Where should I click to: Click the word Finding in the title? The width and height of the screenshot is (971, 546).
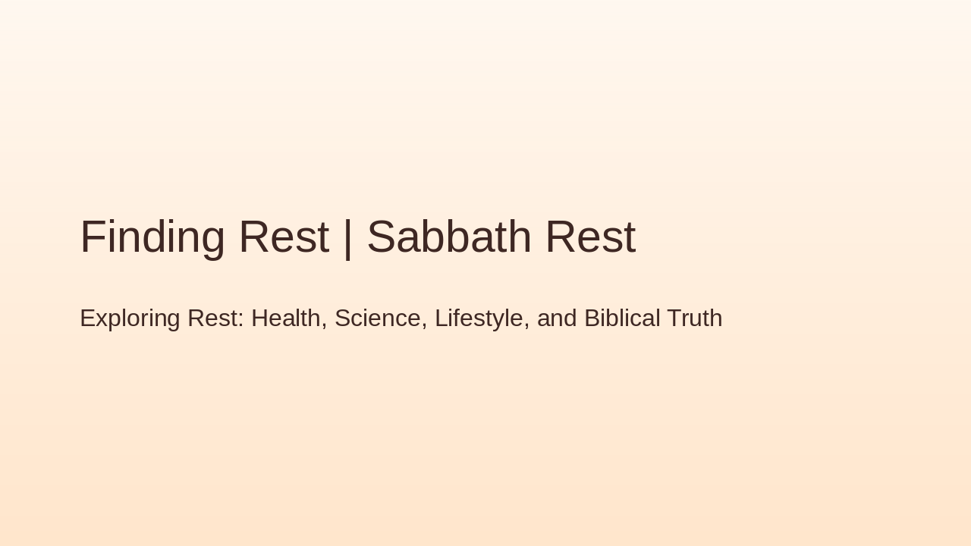tap(152, 237)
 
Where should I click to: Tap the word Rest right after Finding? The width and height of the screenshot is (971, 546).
tap(284, 237)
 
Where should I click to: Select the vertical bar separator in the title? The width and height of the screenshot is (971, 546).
tap(347, 238)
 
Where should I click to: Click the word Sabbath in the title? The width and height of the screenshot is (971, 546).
tap(449, 237)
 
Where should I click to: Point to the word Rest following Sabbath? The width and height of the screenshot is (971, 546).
tap(590, 237)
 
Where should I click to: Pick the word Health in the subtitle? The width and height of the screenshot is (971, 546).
tap(286, 318)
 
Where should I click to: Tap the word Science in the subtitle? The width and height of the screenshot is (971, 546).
tap(378, 318)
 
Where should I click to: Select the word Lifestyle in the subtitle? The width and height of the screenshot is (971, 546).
tap(479, 318)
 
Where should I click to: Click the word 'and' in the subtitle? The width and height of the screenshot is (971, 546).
tap(557, 318)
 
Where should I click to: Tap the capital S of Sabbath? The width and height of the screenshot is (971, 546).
tap(382, 237)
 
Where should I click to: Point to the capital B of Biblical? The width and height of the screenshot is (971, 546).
tap(592, 318)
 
